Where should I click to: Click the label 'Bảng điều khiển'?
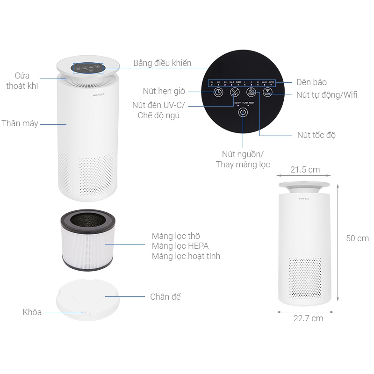point(162,63)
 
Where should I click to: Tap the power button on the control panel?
point(243,113)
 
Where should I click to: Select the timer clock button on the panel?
point(218,92)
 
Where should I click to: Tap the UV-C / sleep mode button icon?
point(235,93)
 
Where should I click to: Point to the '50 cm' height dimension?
point(357,238)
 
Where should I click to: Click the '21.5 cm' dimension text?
point(305,169)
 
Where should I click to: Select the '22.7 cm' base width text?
point(308,318)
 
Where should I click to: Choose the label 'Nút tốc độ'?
point(316,135)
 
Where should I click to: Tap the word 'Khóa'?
point(32,312)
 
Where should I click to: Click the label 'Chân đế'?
point(165,297)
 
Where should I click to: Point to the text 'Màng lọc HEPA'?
point(180,246)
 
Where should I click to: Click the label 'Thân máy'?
point(20,124)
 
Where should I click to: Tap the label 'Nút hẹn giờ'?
point(164,91)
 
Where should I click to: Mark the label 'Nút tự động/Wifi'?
point(327,95)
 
